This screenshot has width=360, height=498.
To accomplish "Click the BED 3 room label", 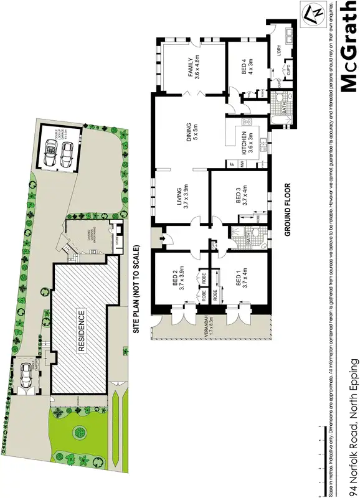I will point(239,197).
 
